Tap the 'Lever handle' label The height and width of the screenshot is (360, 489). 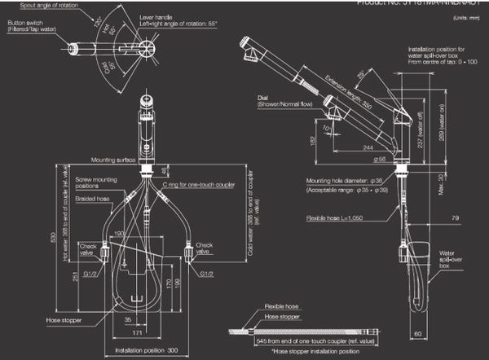click(x=156, y=15)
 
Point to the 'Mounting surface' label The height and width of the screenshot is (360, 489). click(x=113, y=160)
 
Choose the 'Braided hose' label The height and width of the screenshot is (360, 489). click(x=91, y=198)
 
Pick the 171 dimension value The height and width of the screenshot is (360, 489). click(x=139, y=333)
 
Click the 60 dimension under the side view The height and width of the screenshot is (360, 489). click(x=418, y=333)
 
